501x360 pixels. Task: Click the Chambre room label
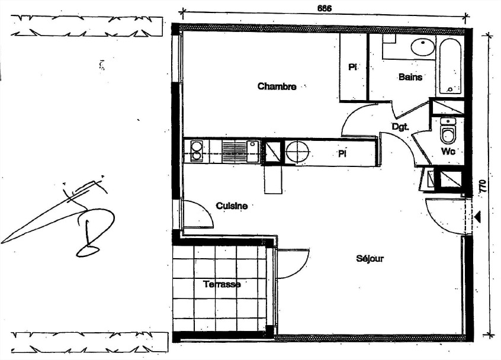(x=277, y=86)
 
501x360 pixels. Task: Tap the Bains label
(x=410, y=77)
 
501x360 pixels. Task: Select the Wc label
(x=448, y=152)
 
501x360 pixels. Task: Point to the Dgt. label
(x=400, y=127)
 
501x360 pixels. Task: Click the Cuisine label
(x=232, y=206)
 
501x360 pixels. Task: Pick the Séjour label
(x=370, y=259)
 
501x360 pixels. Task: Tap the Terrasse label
(x=222, y=284)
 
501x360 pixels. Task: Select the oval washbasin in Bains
(x=423, y=47)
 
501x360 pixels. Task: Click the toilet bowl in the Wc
(x=448, y=134)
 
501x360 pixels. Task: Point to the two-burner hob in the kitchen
(x=197, y=151)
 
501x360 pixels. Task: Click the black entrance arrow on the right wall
(x=477, y=217)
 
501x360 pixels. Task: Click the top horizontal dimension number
(x=324, y=8)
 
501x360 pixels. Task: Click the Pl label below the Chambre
(x=342, y=154)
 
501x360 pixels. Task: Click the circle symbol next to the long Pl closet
(x=297, y=152)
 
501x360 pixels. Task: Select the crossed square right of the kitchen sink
(x=272, y=152)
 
